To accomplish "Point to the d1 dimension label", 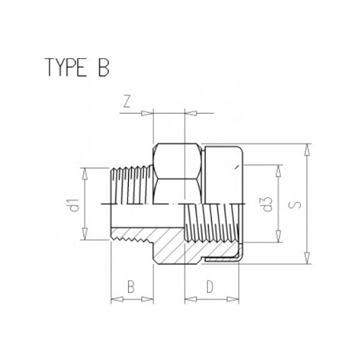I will coord(74,206).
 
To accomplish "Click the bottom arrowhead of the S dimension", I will coord(307,261).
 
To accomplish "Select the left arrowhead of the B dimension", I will coord(114,298).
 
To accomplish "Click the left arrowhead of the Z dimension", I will coord(150,112).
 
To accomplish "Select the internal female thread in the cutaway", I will coord(209,223).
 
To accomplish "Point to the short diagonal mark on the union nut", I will coord(235,168).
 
